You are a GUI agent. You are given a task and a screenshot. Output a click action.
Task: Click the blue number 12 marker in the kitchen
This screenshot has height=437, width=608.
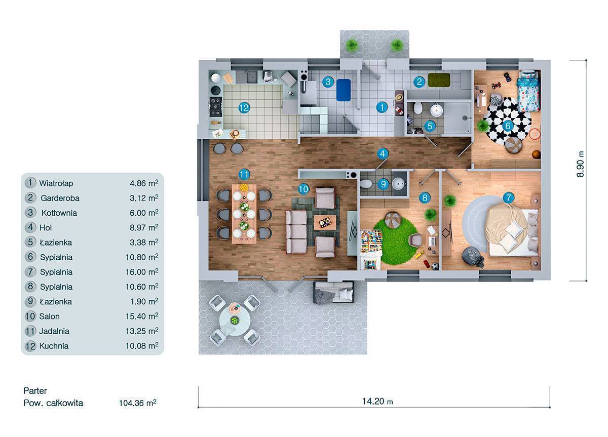(244, 108)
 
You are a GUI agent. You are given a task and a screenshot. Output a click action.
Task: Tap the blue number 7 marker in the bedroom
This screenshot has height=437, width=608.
(508, 198)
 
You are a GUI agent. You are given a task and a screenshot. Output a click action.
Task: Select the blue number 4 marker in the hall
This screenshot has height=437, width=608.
(383, 154)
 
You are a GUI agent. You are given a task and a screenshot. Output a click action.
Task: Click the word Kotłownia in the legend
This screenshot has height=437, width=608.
(59, 213)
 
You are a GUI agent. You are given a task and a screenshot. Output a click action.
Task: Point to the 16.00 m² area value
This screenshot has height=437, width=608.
(142, 272)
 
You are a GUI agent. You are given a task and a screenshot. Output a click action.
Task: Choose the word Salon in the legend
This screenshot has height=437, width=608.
(49, 316)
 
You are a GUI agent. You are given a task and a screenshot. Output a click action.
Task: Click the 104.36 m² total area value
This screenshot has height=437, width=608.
(138, 403)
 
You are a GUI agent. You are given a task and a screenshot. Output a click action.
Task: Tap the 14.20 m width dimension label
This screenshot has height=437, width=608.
(377, 401)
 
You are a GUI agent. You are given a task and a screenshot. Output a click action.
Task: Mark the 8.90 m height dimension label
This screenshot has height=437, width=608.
(580, 164)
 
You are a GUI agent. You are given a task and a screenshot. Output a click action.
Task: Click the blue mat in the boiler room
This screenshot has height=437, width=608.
(344, 90)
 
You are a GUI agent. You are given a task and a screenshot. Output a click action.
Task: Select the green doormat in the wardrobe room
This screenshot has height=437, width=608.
(439, 80)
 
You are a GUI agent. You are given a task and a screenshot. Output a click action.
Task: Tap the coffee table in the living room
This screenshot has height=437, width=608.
(325, 222)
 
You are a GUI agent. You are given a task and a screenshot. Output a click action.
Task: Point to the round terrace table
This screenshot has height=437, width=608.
(235, 322)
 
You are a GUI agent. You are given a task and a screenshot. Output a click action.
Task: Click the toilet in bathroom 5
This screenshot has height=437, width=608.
(418, 108)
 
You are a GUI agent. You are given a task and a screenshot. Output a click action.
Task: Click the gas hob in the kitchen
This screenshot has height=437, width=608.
(216, 106)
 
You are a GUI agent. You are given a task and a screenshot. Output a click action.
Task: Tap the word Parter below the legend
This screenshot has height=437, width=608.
(35, 390)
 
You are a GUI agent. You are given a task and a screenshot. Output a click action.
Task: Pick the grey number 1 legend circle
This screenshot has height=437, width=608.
(30, 183)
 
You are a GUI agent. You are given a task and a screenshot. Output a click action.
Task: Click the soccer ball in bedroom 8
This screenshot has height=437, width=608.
(435, 266)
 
